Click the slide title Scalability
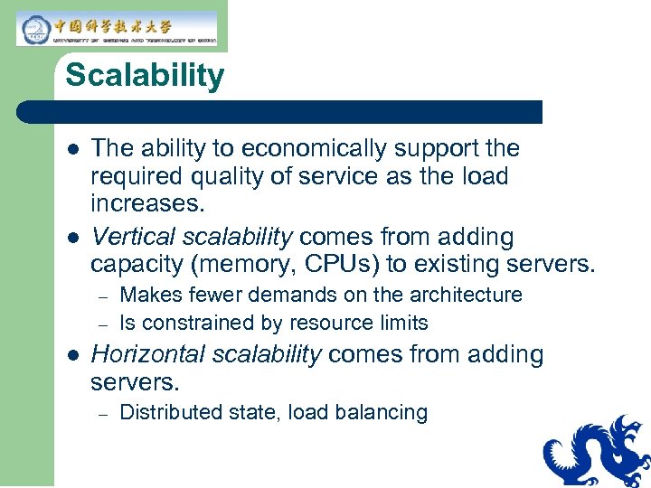pos(144,75)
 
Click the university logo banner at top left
pos(117,29)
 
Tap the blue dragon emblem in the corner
pos(598,452)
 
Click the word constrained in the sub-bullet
pos(188,323)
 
